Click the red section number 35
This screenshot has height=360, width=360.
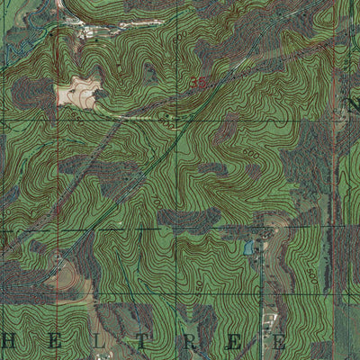pos(199,81)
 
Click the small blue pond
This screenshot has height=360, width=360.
pos(248,247)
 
